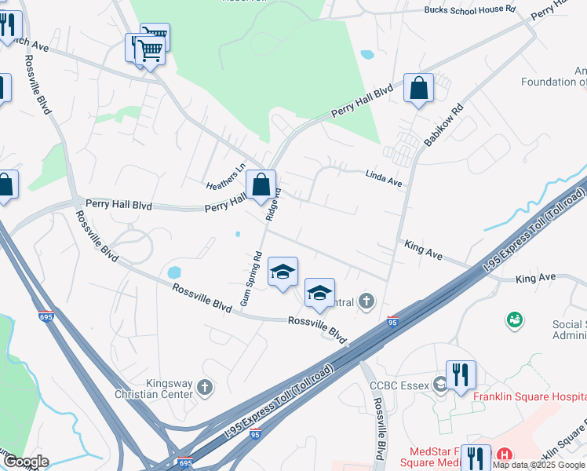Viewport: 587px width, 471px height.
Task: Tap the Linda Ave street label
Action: (384, 180)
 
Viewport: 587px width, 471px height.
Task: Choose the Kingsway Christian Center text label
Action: (149, 388)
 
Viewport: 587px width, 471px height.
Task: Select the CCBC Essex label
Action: (400, 385)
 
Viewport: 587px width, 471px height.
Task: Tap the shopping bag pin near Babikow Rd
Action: (419, 88)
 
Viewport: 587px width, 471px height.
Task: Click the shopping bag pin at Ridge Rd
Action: (261, 185)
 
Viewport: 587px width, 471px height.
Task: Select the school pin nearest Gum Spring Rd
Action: (283, 272)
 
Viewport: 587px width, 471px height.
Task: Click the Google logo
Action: (26, 462)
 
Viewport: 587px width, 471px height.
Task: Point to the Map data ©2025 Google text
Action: (538, 465)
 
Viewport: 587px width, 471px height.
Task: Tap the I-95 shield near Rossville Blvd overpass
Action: (392, 321)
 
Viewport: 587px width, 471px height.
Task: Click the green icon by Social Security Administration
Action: (515, 319)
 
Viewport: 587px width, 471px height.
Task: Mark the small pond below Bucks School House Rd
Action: (366, 55)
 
